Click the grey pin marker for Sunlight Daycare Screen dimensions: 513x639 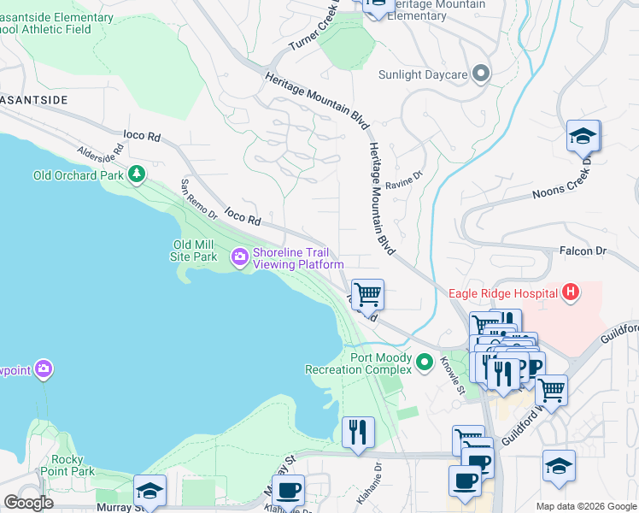(x=480, y=74)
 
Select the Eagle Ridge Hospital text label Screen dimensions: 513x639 (x=502, y=294)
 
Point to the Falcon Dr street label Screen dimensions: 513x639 (x=582, y=251)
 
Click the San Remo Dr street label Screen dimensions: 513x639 (x=198, y=199)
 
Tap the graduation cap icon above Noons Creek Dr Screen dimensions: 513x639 (x=583, y=136)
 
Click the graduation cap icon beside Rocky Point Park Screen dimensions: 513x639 (x=149, y=491)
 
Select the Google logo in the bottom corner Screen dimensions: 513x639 (x=28, y=503)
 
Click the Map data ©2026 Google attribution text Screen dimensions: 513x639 (x=584, y=506)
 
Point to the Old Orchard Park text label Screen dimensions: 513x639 (x=78, y=175)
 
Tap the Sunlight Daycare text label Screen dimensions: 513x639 (x=423, y=74)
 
